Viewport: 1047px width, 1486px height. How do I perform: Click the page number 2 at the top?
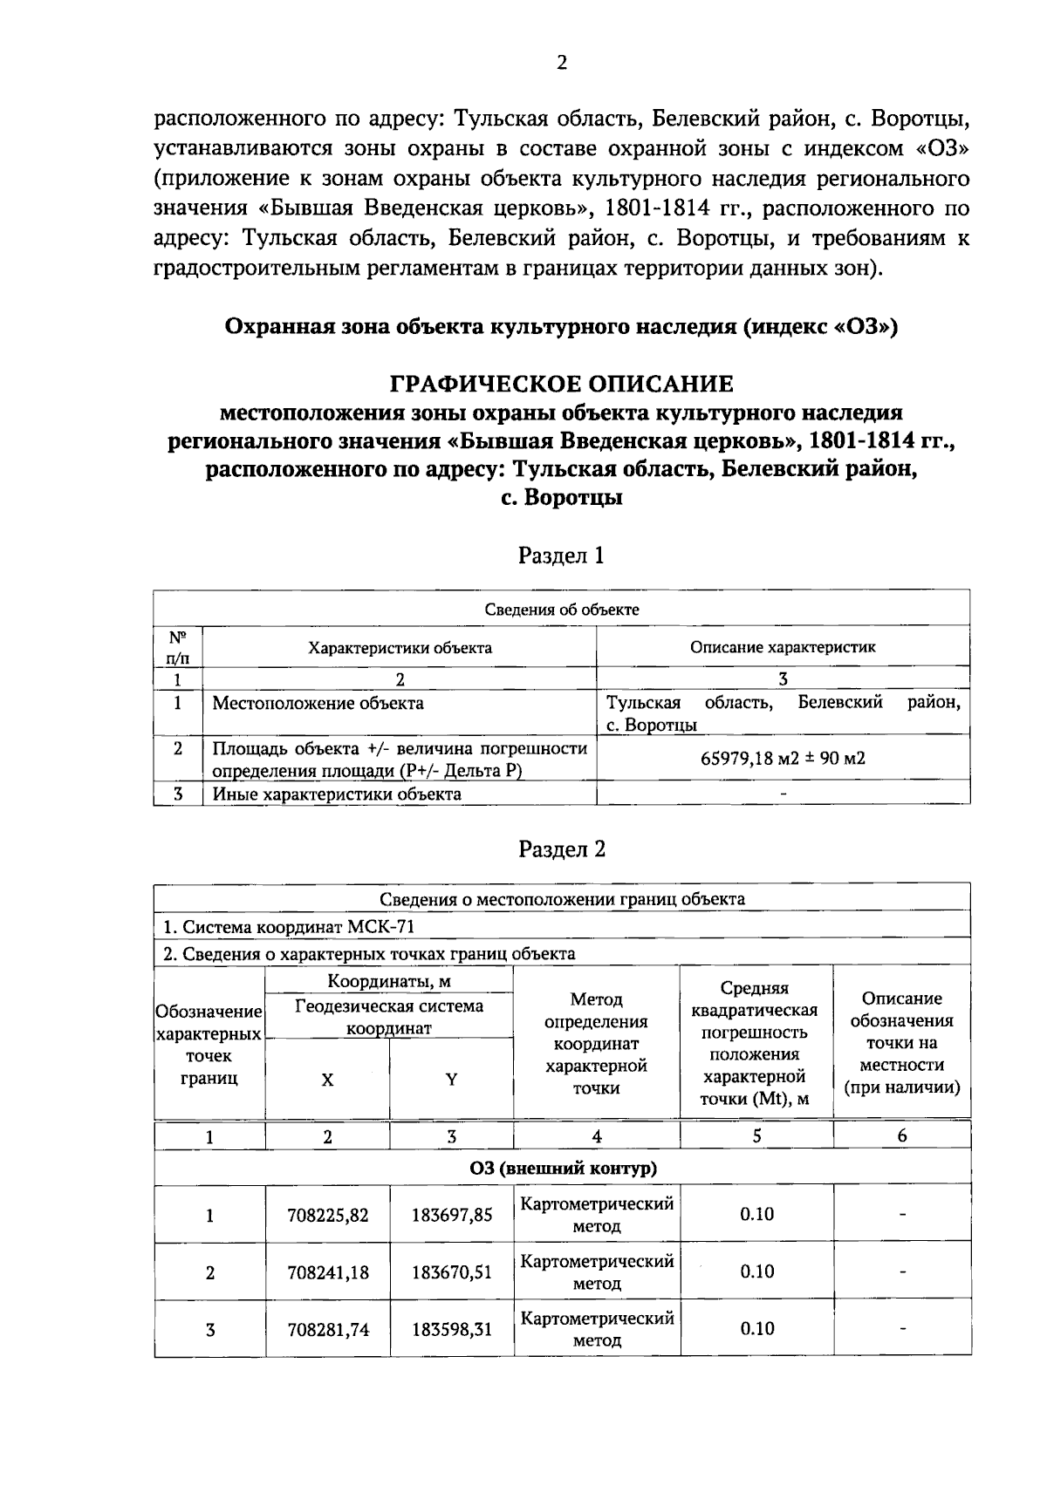point(562,63)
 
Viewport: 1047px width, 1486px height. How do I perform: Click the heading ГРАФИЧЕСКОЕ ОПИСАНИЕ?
point(561,384)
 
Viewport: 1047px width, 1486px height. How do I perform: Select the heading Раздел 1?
point(561,556)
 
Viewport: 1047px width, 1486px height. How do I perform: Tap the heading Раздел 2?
point(561,849)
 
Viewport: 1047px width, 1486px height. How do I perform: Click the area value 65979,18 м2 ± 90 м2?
point(783,758)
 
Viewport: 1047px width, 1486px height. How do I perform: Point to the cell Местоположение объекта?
point(318,703)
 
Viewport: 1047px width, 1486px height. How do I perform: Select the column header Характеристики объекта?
point(400,648)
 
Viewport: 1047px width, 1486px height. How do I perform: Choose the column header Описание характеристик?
point(783,647)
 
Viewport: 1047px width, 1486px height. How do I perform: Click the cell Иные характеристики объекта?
point(337,794)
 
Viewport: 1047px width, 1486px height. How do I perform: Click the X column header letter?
point(327,1080)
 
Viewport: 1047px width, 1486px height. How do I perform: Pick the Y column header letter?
point(451,1080)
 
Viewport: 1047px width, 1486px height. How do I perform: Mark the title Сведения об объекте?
point(562,610)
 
